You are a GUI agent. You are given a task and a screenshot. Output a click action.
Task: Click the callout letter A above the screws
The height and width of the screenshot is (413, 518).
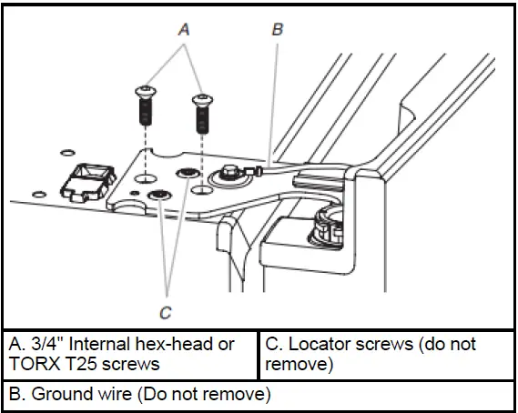184,29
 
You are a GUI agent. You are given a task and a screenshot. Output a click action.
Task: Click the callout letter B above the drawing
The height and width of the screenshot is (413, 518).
278,29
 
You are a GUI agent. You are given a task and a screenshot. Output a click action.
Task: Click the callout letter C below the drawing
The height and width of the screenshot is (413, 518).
166,313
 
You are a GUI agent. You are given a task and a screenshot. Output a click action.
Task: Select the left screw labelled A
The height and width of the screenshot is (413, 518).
145,106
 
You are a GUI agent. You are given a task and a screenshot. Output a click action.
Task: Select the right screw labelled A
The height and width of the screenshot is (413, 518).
202,114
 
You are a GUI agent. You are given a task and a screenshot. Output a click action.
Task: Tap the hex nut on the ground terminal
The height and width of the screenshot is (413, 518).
229,172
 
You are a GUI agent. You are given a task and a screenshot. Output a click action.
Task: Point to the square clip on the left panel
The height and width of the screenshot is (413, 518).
87,182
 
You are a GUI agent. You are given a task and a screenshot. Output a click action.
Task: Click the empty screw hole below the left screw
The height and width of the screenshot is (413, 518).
146,178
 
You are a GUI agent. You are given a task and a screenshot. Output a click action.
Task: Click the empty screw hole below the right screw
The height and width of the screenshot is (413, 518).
202,190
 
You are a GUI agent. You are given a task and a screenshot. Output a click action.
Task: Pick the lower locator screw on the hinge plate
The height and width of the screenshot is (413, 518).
159,195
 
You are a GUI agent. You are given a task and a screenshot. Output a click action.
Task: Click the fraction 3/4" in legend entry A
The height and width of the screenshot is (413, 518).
47,344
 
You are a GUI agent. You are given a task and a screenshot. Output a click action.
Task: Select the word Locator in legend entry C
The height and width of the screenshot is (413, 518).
318,344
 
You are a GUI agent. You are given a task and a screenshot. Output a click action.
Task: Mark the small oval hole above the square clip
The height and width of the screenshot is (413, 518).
67,153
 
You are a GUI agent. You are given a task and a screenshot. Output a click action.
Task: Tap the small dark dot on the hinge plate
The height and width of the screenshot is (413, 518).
135,193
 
